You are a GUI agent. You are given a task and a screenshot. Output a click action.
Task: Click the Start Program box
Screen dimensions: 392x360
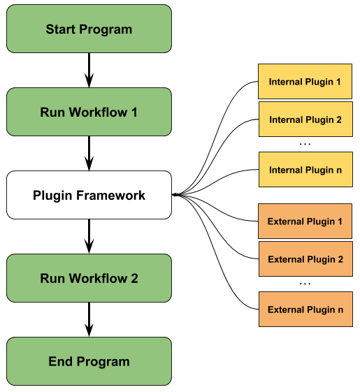pyautogui.click(x=89, y=29)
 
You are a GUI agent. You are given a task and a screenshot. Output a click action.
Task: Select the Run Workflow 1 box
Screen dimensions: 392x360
pyautogui.click(x=89, y=112)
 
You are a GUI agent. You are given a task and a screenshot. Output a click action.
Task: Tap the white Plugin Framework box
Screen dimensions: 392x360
pyautogui.click(x=89, y=195)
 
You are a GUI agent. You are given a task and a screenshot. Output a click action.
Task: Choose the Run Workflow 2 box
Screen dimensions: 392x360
pyautogui.click(x=89, y=278)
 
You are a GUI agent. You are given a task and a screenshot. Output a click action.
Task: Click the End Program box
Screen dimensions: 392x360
pyautogui.click(x=89, y=361)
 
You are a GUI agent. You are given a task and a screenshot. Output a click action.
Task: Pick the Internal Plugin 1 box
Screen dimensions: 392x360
pyautogui.click(x=305, y=82)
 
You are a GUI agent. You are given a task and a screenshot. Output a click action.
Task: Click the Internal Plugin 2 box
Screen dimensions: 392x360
pyautogui.click(x=305, y=119)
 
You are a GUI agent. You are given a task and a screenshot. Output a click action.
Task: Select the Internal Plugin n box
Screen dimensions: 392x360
pyautogui.click(x=305, y=170)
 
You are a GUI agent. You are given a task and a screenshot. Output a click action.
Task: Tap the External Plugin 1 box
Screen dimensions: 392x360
pyautogui.click(x=305, y=222)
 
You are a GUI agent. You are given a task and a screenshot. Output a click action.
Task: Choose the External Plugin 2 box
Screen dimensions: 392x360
pyautogui.click(x=305, y=259)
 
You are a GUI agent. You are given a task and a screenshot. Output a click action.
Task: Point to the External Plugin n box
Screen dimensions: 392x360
pyautogui.click(x=305, y=310)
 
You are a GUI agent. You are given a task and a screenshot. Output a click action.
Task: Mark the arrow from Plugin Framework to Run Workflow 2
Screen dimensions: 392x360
pyautogui.click(x=89, y=236)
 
